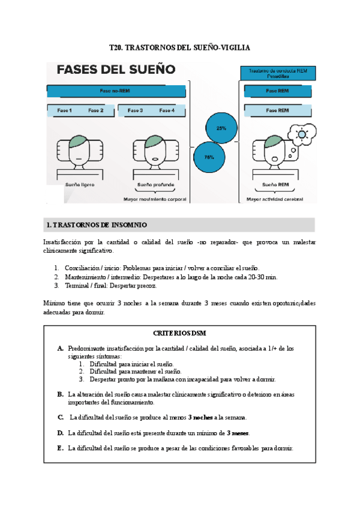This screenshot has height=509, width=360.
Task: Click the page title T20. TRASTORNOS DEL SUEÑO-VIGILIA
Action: pyautogui.click(x=179, y=47)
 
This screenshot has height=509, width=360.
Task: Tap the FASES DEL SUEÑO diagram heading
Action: pyautogui.click(x=116, y=69)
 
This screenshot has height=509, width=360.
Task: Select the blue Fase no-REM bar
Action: pyautogui.click(x=115, y=91)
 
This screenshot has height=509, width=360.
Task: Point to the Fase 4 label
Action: pyautogui.click(x=167, y=110)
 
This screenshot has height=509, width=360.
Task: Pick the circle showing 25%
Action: pyautogui.click(x=221, y=128)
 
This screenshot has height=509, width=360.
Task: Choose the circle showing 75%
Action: pyautogui.click(x=209, y=157)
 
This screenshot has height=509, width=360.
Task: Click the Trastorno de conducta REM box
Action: pyautogui.click(x=277, y=73)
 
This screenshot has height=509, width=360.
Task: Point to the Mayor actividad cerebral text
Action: pyautogui.click(x=275, y=199)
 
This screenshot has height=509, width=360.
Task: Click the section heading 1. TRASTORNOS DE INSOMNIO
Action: pyautogui.click(x=96, y=225)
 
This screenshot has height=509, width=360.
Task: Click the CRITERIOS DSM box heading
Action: pyautogui.click(x=179, y=333)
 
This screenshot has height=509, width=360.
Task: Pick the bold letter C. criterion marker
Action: pyautogui.click(x=61, y=417)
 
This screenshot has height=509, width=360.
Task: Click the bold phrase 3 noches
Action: pyautogui.click(x=200, y=417)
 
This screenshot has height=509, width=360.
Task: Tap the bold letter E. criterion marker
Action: pyautogui.click(x=60, y=448)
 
